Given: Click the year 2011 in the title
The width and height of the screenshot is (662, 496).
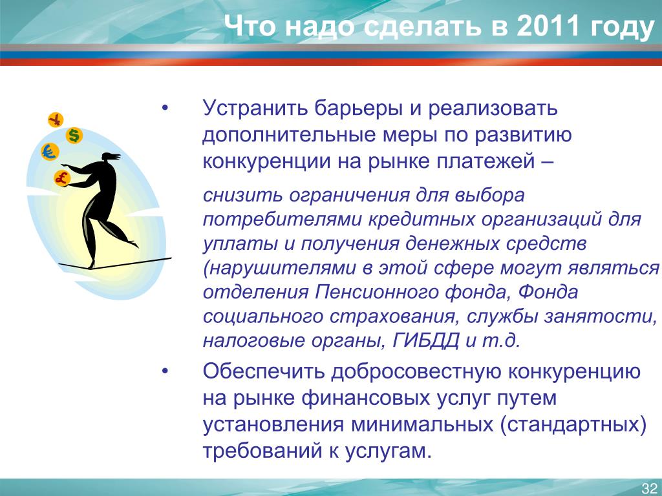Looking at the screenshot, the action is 547,27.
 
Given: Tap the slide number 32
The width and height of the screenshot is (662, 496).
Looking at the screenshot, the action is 649,488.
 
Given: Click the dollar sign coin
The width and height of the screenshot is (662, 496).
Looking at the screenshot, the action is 74,136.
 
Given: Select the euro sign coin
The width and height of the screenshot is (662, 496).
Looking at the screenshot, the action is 50,151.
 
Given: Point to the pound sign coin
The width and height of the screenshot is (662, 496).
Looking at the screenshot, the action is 62,178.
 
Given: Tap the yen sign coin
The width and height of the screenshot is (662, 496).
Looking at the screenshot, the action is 56,119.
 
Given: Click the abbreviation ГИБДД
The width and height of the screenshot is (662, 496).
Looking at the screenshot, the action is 426,340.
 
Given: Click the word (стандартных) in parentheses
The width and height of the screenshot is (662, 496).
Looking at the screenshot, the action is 573,425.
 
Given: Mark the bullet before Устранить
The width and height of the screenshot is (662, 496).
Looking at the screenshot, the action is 165,108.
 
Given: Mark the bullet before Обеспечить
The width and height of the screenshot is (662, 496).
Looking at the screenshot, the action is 165,371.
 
